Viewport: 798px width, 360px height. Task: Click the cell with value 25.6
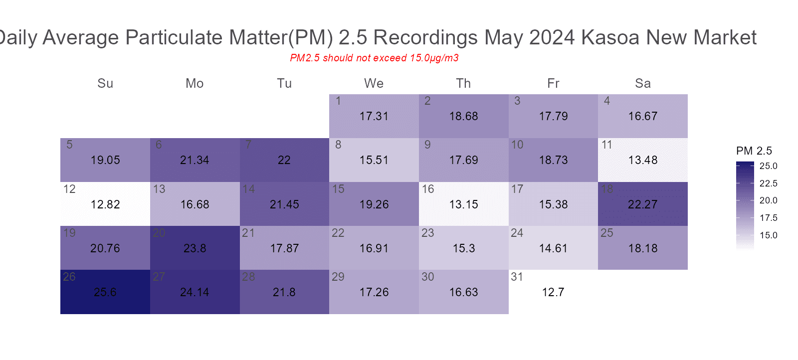(105, 292)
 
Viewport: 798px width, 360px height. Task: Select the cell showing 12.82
(105, 204)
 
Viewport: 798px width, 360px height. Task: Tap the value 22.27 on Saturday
(642, 204)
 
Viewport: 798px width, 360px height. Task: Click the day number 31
(517, 277)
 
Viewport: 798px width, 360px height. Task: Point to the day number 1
(338, 101)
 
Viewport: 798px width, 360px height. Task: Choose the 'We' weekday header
(374, 83)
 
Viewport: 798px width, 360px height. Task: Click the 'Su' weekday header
(105, 83)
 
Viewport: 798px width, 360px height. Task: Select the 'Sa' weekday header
(642, 83)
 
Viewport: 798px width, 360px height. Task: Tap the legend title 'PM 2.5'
(754, 151)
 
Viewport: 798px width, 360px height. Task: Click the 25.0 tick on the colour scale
(768, 166)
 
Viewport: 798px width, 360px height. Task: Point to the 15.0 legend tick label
(768, 235)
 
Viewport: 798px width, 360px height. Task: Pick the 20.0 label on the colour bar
(768, 200)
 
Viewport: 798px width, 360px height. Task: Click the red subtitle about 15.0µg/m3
(374, 58)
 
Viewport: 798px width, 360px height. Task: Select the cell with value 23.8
(195, 248)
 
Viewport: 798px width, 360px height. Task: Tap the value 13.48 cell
(642, 160)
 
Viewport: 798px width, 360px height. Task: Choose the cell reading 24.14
(195, 292)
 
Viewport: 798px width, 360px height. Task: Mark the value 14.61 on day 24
(553, 248)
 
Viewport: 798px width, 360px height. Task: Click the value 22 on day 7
(284, 160)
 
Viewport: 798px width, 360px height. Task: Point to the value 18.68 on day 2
(463, 116)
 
